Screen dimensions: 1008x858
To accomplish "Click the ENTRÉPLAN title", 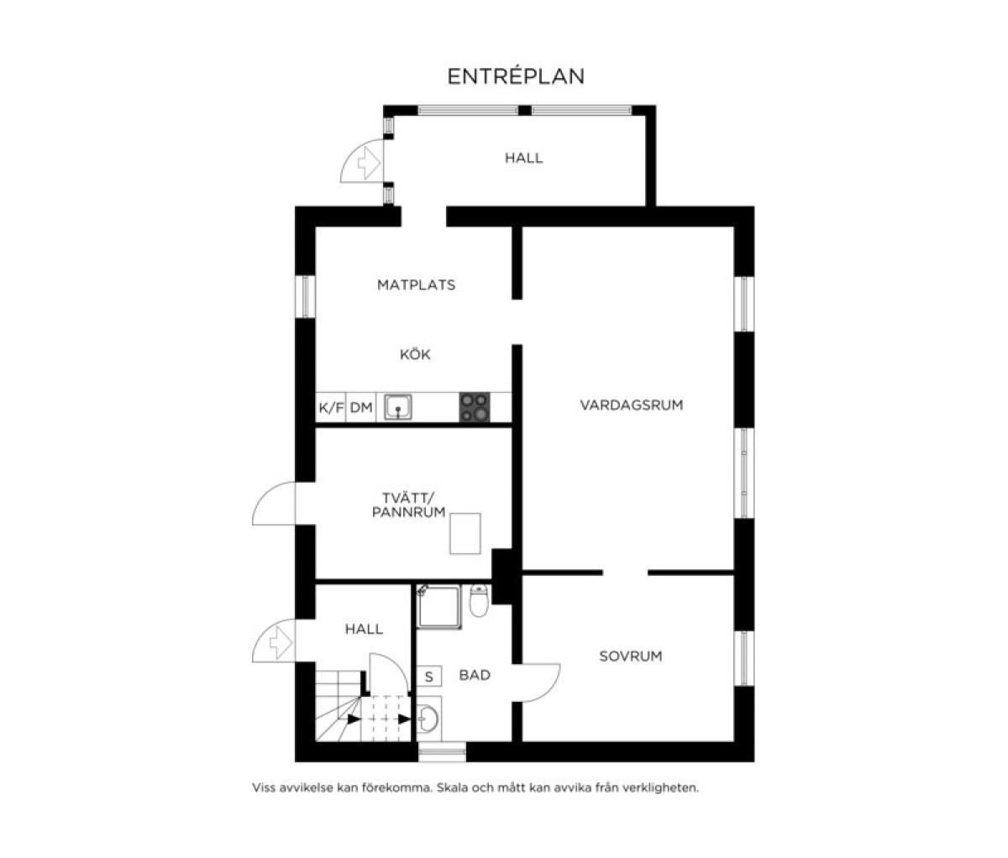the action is pos(516,76).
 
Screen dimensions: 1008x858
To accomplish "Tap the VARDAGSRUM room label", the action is pos(632,405).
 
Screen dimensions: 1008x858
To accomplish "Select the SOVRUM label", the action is pos(631,657).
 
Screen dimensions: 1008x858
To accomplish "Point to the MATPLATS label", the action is pos(417,285).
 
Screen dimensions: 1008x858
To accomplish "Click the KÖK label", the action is pos(416,354).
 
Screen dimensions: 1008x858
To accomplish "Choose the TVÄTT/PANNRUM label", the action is pos(409,505).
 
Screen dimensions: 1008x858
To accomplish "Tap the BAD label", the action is pos(475,675).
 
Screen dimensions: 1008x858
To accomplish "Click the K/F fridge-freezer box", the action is pos(331,407).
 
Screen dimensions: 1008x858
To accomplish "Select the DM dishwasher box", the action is pos(361,407).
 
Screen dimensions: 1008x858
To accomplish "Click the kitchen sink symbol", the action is pos(398,407).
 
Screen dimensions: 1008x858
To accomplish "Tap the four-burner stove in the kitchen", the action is pos(475,407).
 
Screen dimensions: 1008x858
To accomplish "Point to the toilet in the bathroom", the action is pos(479,600).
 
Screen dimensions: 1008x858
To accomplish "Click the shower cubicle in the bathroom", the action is pos(438,606).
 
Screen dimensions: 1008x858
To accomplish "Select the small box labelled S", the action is pos(429,677).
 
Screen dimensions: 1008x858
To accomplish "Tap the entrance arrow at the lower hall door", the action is pos(281,643).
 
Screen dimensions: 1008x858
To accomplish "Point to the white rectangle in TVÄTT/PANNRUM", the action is pos(465,533).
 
